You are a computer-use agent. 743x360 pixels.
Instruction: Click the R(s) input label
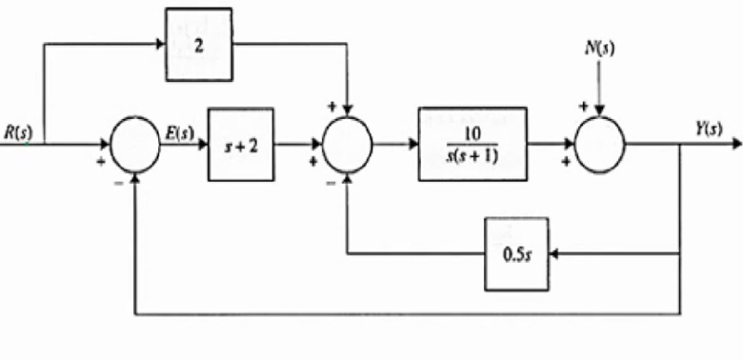16,131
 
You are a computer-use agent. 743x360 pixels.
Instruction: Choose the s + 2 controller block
241,148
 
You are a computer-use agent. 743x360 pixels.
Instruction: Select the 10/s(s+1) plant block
472,148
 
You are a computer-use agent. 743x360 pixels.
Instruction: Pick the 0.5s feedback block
518,254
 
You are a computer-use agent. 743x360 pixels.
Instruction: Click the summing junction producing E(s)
138,148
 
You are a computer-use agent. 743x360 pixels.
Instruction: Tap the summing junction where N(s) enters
597,148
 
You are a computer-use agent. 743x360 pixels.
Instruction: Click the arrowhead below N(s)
597,117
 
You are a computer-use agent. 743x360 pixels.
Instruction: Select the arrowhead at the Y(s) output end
734,148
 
